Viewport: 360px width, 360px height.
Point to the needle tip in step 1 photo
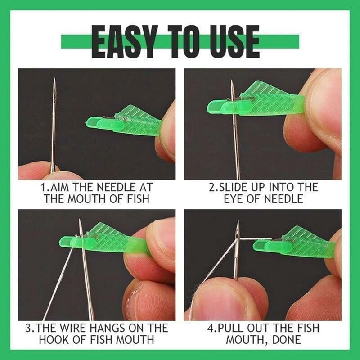54,80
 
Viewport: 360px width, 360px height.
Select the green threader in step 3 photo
108,238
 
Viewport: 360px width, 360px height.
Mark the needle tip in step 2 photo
233,81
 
